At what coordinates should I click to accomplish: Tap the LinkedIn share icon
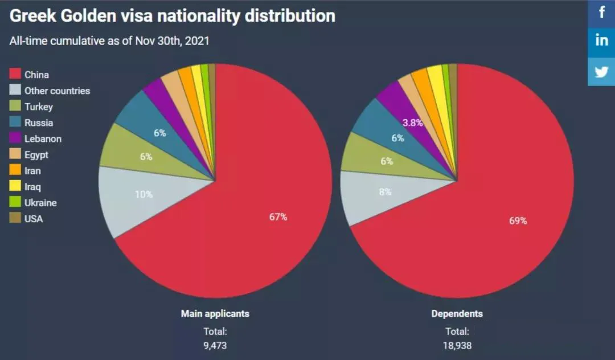(x=601, y=41)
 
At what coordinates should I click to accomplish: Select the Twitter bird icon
(x=601, y=71)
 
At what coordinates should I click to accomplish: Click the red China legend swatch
(x=15, y=74)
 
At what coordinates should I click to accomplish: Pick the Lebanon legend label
(x=43, y=138)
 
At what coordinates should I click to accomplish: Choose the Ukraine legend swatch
(x=15, y=202)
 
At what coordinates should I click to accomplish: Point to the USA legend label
(x=34, y=218)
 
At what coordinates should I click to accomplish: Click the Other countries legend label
(x=57, y=91)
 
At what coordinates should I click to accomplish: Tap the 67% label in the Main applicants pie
(x=278, y=217)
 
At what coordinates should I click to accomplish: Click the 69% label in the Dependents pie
(x=518, y=221)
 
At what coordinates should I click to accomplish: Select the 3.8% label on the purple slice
(x=412, y=122)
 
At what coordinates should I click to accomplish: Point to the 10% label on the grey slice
(x=143, y=194)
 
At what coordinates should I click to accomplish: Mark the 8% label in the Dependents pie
(x=386, y=192)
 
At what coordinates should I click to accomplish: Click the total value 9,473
(x=215, y=345)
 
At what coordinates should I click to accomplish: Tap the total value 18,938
(x=457, y=345)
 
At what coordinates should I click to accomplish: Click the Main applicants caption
(x=215, y=313)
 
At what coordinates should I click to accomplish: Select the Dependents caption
(x=457, y=313)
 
